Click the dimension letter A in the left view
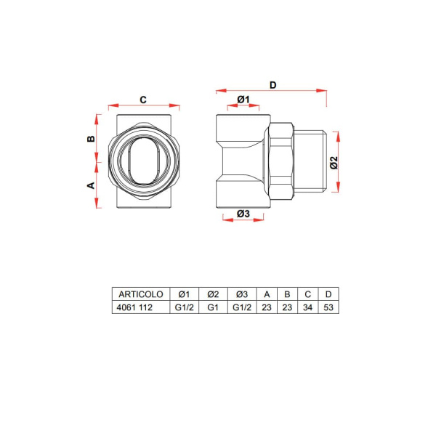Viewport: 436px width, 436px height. click(x=92, y=185)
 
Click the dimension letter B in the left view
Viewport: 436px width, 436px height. click(x=92, y=138)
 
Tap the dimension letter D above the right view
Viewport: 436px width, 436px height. click(x=272, y=85)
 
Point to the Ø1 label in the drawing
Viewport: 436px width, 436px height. click(x=243, y=99)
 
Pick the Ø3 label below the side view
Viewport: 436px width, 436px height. click(x=243, y=214)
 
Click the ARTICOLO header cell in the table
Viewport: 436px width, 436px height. click(x=140, y=294)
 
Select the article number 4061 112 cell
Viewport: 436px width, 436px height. click(x=134, y=307)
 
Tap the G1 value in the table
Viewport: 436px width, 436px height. click(x=213, y=307)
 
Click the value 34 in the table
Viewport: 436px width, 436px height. click(x=308, y=307)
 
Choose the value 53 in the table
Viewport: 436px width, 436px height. click(x=328, y=307)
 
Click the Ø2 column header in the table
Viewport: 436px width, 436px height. click(x=213, y=294)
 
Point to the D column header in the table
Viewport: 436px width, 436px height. click(x=328, y=294)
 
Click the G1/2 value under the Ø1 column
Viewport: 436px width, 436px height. click(x=183, y=307)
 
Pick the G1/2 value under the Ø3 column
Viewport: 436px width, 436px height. click(x=243, y=307)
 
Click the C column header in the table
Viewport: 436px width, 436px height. click(x=308, y=294)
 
